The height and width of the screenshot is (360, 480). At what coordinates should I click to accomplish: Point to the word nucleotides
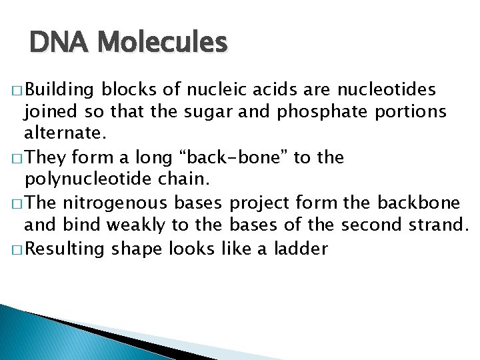[x=398, y=89]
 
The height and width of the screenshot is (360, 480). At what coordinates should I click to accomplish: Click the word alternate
[x=65, y=135]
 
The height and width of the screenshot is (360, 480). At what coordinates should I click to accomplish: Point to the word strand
[x=435, y=226]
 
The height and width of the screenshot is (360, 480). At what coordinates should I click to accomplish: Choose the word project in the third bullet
[x=261, y=203]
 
